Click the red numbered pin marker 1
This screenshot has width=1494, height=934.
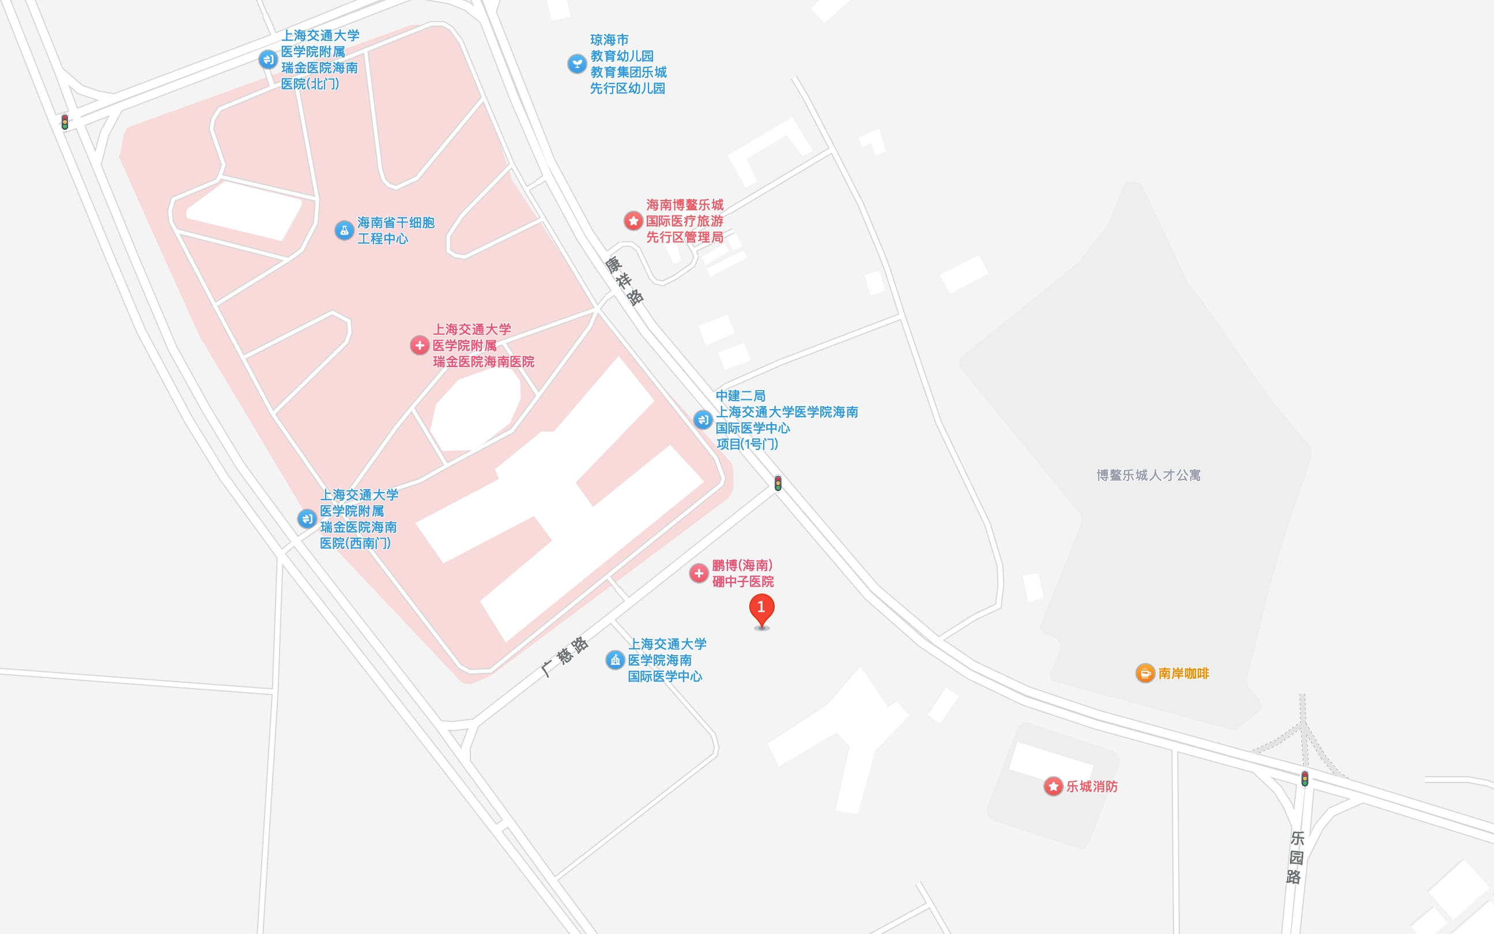pos(761,608)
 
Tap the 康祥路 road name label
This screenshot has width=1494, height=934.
pos(625,281)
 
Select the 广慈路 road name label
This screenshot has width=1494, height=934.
pos(565,657)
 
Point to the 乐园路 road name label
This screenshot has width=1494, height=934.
pos(1296,857)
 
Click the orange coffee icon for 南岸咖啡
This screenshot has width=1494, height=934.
pos(1145,674)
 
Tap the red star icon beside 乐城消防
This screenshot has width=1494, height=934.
pos(1054,786)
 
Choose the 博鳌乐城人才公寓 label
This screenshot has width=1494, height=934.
pos(1149,475)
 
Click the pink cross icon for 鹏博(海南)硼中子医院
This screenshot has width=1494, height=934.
pos(699,573)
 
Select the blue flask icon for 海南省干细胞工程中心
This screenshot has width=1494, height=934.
pos(344,230)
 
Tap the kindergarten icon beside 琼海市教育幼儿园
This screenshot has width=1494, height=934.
pos(576,63)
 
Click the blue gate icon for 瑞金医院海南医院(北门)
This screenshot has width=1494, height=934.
pos(268,59)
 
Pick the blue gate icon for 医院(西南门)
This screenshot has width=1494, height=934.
pos(307,519)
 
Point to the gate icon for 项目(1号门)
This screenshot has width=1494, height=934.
pos(703,420)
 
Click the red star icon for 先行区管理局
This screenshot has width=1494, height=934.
pos(633,221)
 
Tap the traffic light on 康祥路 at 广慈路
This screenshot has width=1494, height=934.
pos(778,483)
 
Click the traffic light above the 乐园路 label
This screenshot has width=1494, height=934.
pos(1304,778)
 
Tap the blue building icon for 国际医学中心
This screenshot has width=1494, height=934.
pos(615,660)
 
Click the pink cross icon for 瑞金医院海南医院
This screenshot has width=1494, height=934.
pos(420,345)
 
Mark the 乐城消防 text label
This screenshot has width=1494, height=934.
pos(1092,786)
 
